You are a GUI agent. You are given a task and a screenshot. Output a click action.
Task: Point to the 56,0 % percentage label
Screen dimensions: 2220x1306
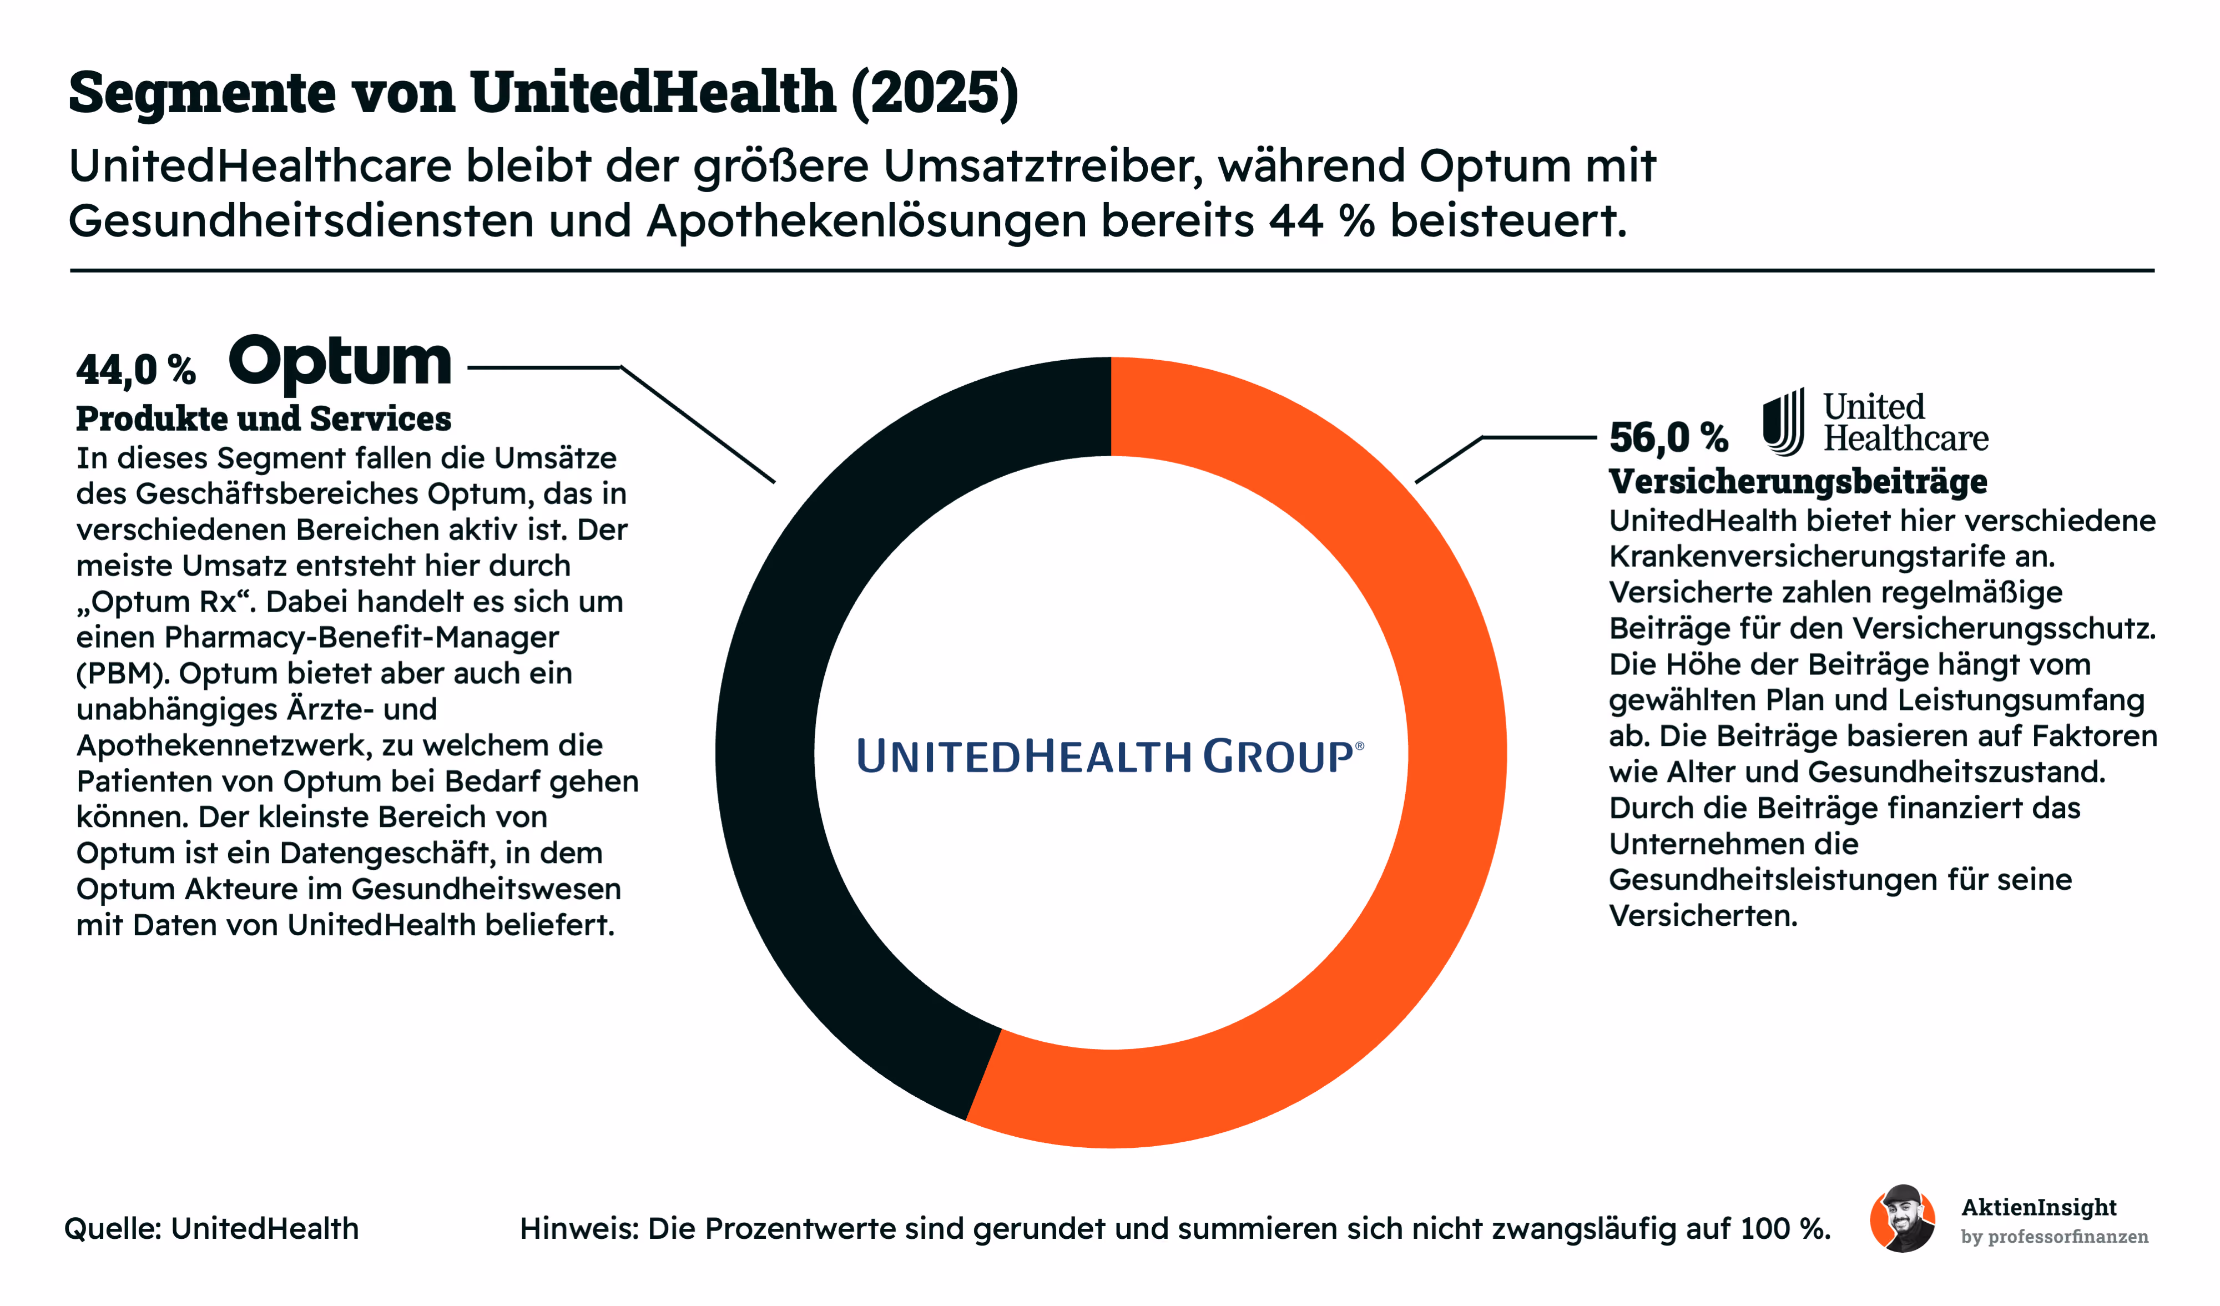(1668, 437)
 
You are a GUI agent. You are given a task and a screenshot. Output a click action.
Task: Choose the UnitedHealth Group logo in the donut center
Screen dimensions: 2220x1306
(1110, 756)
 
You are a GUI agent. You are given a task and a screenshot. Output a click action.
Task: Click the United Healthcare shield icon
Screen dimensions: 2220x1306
(1784, 422)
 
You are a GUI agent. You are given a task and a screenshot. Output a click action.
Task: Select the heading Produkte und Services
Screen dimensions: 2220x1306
(264, 418)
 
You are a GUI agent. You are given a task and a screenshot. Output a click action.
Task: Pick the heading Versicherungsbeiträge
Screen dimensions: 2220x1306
(1798, 482)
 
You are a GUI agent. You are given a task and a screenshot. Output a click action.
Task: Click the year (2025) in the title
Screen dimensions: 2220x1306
(935, 92)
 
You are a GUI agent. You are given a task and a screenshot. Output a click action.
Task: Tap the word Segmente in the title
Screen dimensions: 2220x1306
(203, 92)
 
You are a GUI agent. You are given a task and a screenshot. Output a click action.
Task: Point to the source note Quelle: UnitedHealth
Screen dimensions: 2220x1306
(211, 1228)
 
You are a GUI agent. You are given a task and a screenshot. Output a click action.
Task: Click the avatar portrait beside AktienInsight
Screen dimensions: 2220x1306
(1903, 1219)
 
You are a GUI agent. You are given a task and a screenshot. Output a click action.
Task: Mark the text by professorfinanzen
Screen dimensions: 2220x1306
(2055, 1237)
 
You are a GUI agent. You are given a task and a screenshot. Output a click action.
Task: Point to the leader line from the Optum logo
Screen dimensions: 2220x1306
(621, 423)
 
